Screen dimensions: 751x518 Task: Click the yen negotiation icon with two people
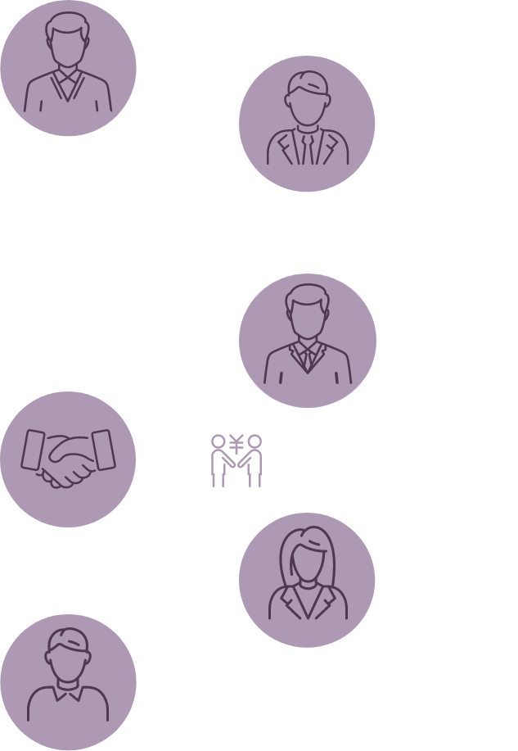pos(236,460)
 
